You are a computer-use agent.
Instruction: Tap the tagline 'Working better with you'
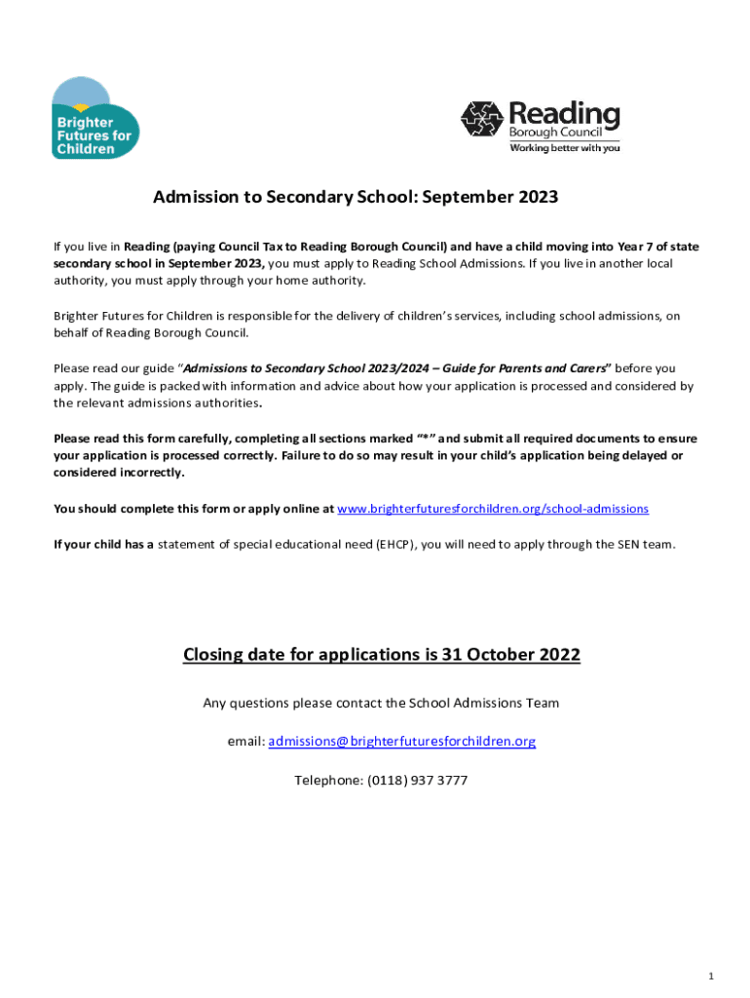[x=565, y=148]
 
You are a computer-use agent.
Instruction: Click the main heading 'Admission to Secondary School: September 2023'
[x=356, y=198]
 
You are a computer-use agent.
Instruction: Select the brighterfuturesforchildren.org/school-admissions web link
[x=492, y=509]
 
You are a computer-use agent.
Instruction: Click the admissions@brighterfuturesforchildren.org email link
[x=401, y=742]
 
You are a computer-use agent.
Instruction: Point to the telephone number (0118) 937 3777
[x=416, y=781]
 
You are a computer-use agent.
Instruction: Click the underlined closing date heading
[x=381, y=655]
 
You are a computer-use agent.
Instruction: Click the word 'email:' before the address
[x=245, y=742]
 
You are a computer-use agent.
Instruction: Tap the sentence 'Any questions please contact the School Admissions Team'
[x=381, y=703]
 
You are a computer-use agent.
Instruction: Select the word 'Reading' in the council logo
[x=564, y=113]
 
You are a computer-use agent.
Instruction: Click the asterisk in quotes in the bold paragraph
[x=425, y=439]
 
